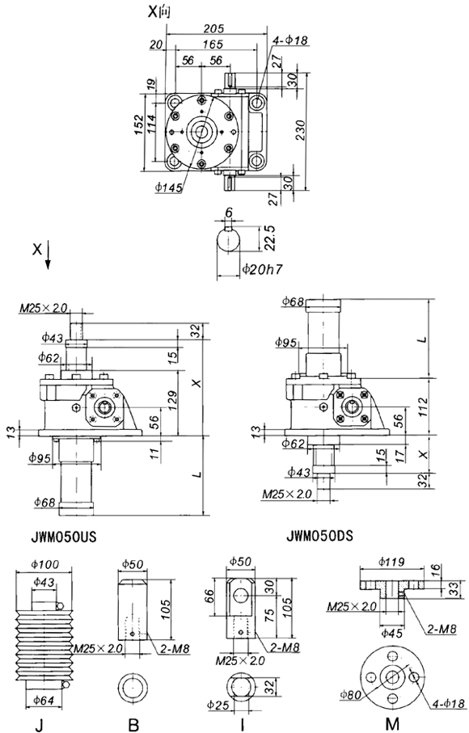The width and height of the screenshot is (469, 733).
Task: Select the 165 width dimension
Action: coord(213,44)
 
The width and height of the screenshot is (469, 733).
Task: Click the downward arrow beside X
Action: coord(49,255)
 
